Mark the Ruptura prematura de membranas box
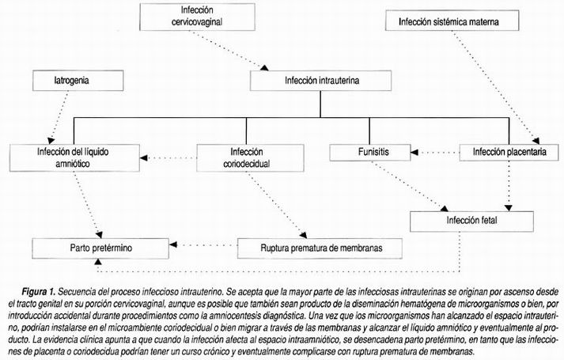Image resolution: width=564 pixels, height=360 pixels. [x=320, y=248]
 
